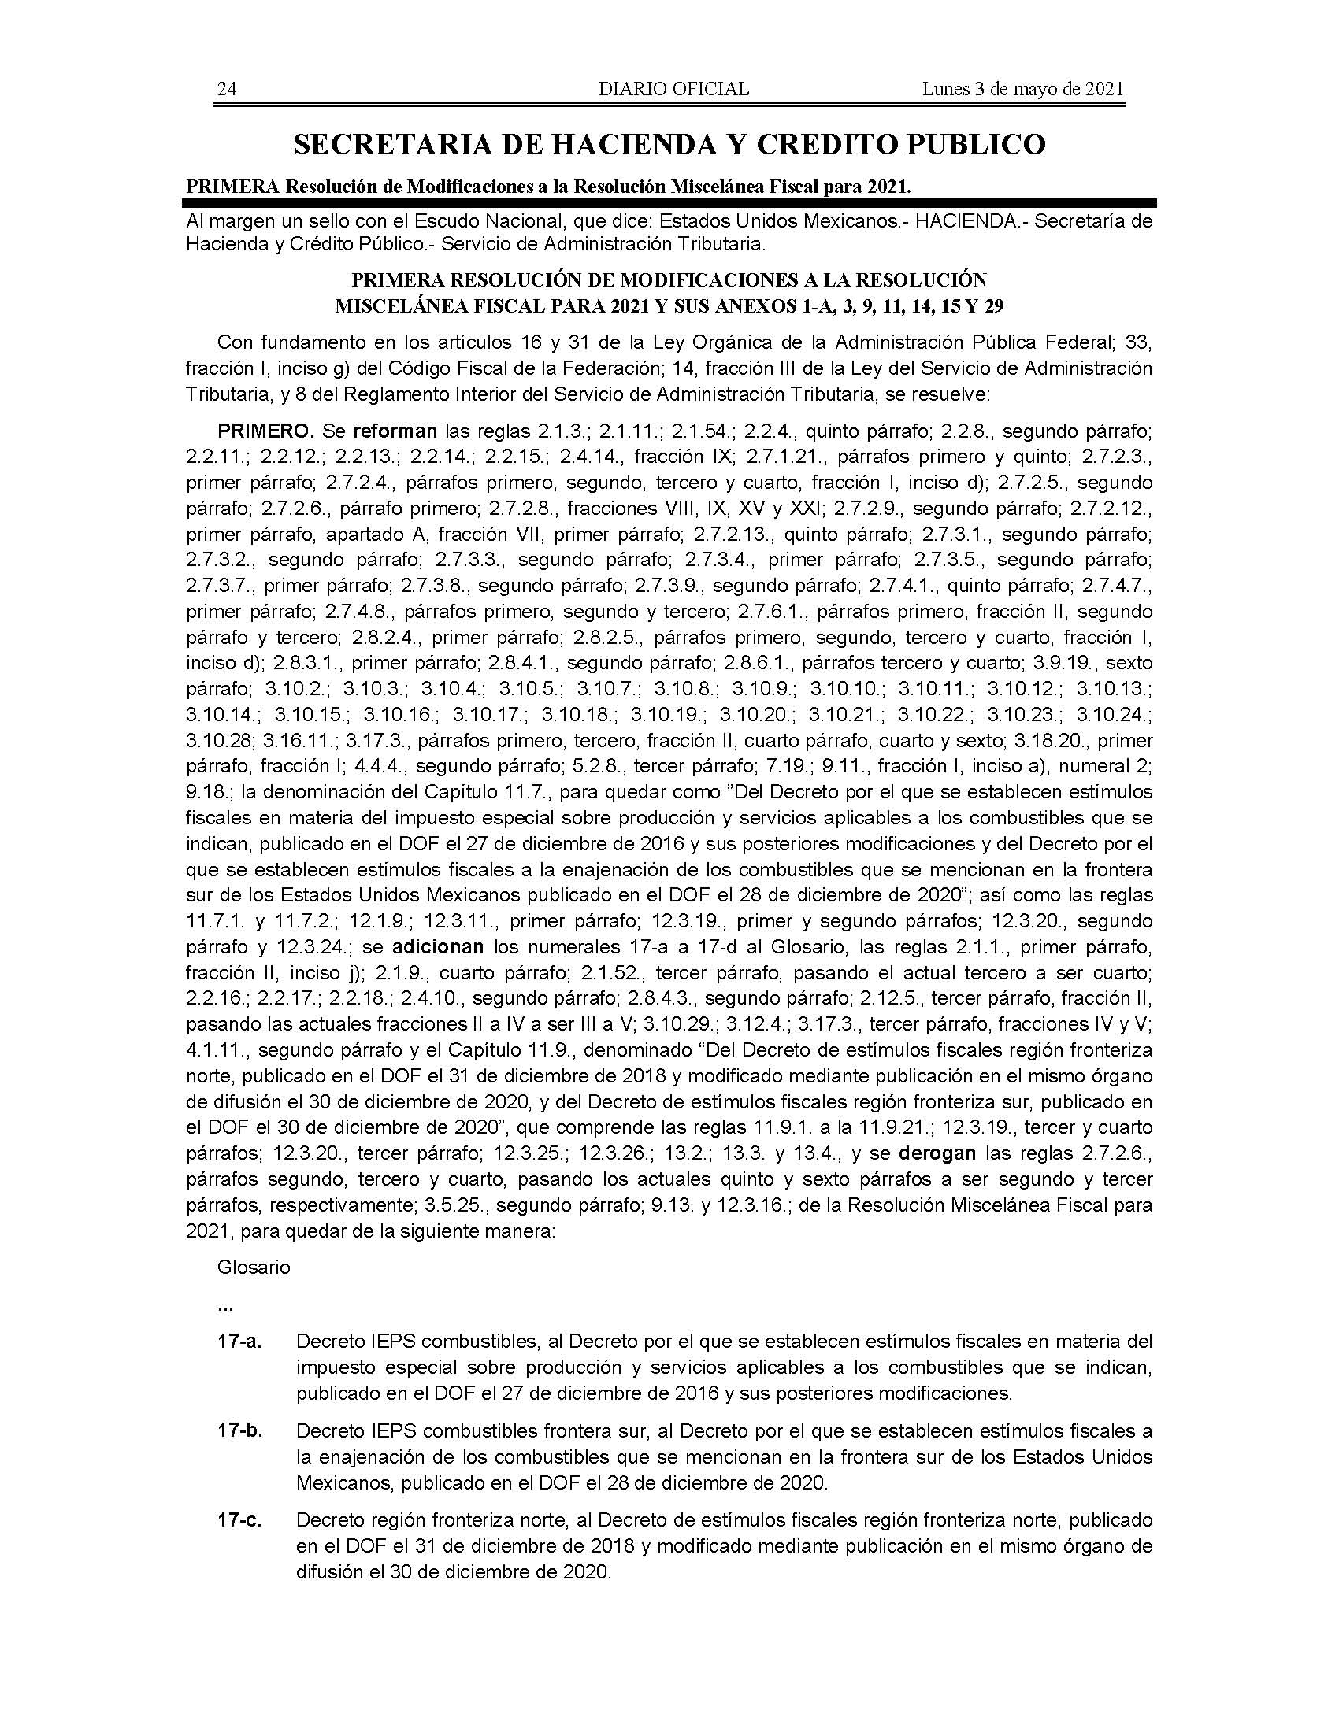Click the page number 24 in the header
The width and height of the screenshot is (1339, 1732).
click(x=227, y=89)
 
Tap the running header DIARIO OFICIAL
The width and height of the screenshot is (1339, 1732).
click(x=673, y=89)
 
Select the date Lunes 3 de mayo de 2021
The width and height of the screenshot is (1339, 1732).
click(x=1022, y=89)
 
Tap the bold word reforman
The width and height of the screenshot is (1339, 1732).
click(x=395, y=432)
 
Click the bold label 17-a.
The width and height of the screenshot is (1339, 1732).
click(x=240, y=1342)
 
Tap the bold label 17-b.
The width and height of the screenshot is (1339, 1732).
click(x=240, y=1431)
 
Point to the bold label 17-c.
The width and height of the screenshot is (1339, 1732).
click(x=240, y=1521)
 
